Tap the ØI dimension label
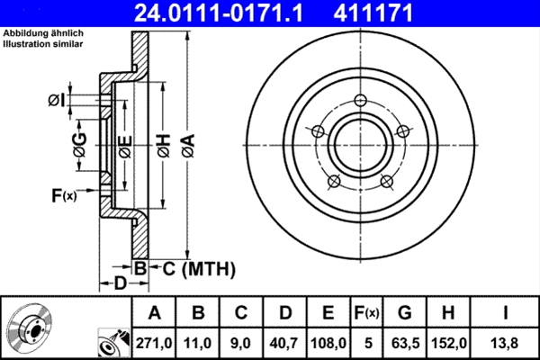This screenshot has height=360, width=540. tap(57, 99)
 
